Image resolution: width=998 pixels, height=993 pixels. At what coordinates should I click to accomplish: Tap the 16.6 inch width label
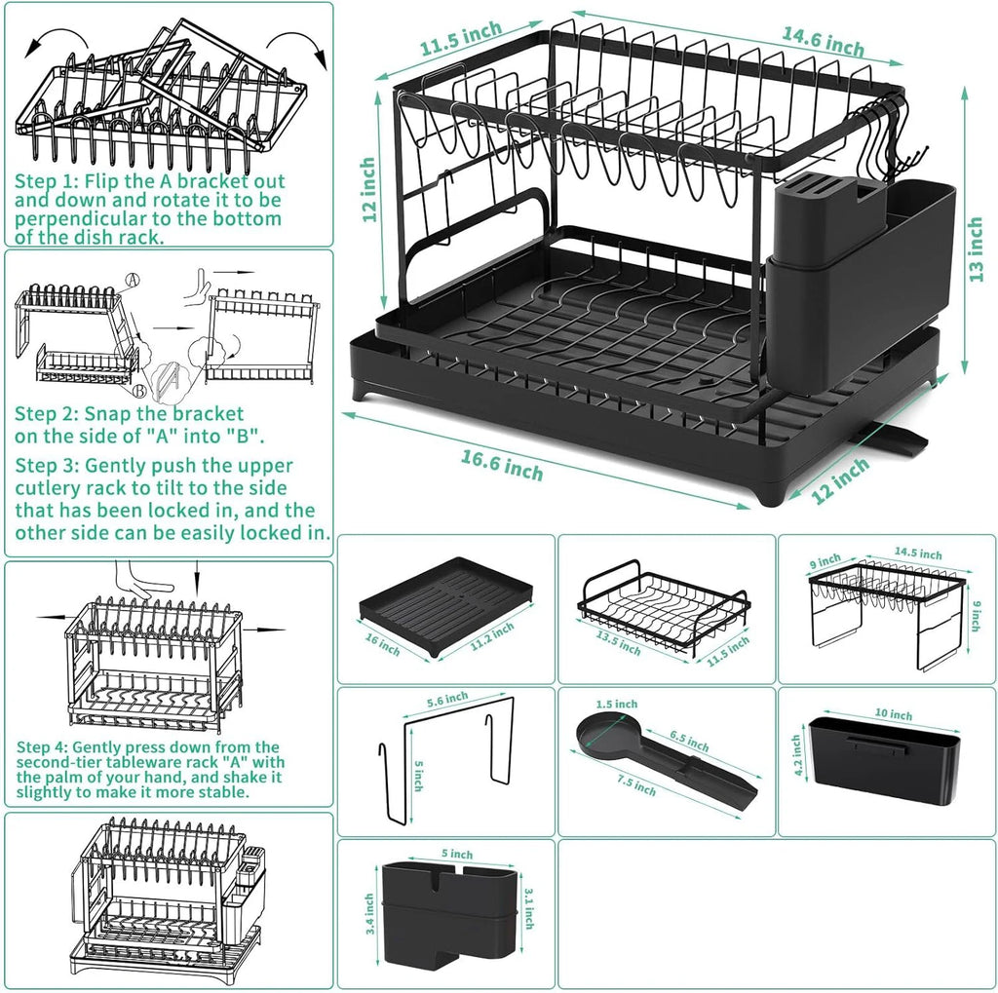pos(502,467)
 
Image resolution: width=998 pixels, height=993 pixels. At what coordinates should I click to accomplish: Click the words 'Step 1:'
pos(47,181)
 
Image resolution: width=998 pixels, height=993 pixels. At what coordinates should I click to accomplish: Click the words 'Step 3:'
pos(47,466)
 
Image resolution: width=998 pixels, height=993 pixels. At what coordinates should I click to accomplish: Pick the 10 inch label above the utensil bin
pos(894,715)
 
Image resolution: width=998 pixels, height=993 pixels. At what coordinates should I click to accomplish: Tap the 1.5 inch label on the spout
pos(617,704)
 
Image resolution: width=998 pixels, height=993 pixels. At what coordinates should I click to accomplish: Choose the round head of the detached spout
pos(602,732)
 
